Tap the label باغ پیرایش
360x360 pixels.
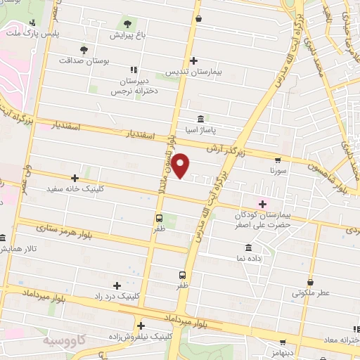click(128, 34)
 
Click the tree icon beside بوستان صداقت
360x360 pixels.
click(84, 50)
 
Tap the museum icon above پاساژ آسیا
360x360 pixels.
click(201, 118)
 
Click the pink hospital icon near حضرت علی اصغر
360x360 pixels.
click(263, 203)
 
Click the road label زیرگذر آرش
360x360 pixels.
click(224, 149)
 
